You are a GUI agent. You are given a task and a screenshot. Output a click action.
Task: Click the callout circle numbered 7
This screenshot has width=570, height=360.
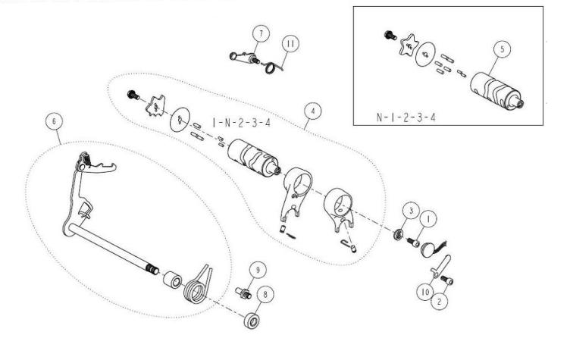[261, 34]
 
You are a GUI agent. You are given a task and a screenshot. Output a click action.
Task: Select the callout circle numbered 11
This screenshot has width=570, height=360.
[290, 44]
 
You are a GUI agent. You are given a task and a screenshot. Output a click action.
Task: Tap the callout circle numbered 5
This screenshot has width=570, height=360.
[503, 49]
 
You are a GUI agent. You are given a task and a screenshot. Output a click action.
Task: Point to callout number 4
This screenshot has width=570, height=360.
[313, 111]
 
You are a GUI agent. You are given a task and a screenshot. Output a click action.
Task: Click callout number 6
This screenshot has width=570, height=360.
[54, 121]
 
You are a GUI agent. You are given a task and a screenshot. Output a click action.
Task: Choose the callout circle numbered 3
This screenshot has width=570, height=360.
[411, 211]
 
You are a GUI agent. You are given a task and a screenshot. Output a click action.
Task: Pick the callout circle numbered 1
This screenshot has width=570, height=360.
[428, 219]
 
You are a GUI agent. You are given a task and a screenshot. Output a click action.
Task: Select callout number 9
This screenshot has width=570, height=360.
[258, 270]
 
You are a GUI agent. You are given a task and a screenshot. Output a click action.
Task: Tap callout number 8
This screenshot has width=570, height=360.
[265, 294]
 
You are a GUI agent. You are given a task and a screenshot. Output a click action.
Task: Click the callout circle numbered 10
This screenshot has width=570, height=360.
[425, 292]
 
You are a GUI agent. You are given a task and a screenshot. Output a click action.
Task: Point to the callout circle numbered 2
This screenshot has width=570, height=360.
[439, 302]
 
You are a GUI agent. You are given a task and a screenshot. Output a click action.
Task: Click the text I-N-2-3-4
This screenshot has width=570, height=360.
[242, 123]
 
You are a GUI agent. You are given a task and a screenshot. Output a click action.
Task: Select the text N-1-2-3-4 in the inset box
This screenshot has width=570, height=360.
[406, 117]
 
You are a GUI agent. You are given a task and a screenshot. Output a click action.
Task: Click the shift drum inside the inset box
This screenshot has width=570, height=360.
[496, 91]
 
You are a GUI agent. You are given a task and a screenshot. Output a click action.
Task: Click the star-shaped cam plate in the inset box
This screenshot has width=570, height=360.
[408, 45]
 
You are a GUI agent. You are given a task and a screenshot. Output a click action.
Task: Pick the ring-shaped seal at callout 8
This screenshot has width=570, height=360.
[252, 321]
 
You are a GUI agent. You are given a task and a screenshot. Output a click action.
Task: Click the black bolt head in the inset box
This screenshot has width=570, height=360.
[390, 36]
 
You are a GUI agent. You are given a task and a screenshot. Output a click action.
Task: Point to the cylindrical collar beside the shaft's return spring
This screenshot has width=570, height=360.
[172, 279]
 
